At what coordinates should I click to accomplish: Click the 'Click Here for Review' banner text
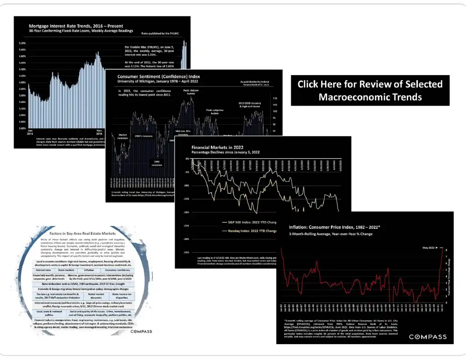[370, 90]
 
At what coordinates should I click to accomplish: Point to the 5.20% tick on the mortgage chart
[22, 43]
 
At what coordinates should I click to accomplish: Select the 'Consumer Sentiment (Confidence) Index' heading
[159, 76]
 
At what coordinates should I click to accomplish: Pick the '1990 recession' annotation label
[157, 163]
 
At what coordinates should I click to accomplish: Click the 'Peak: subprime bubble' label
[215, 111]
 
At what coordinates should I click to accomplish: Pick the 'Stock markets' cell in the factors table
[67, 270]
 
